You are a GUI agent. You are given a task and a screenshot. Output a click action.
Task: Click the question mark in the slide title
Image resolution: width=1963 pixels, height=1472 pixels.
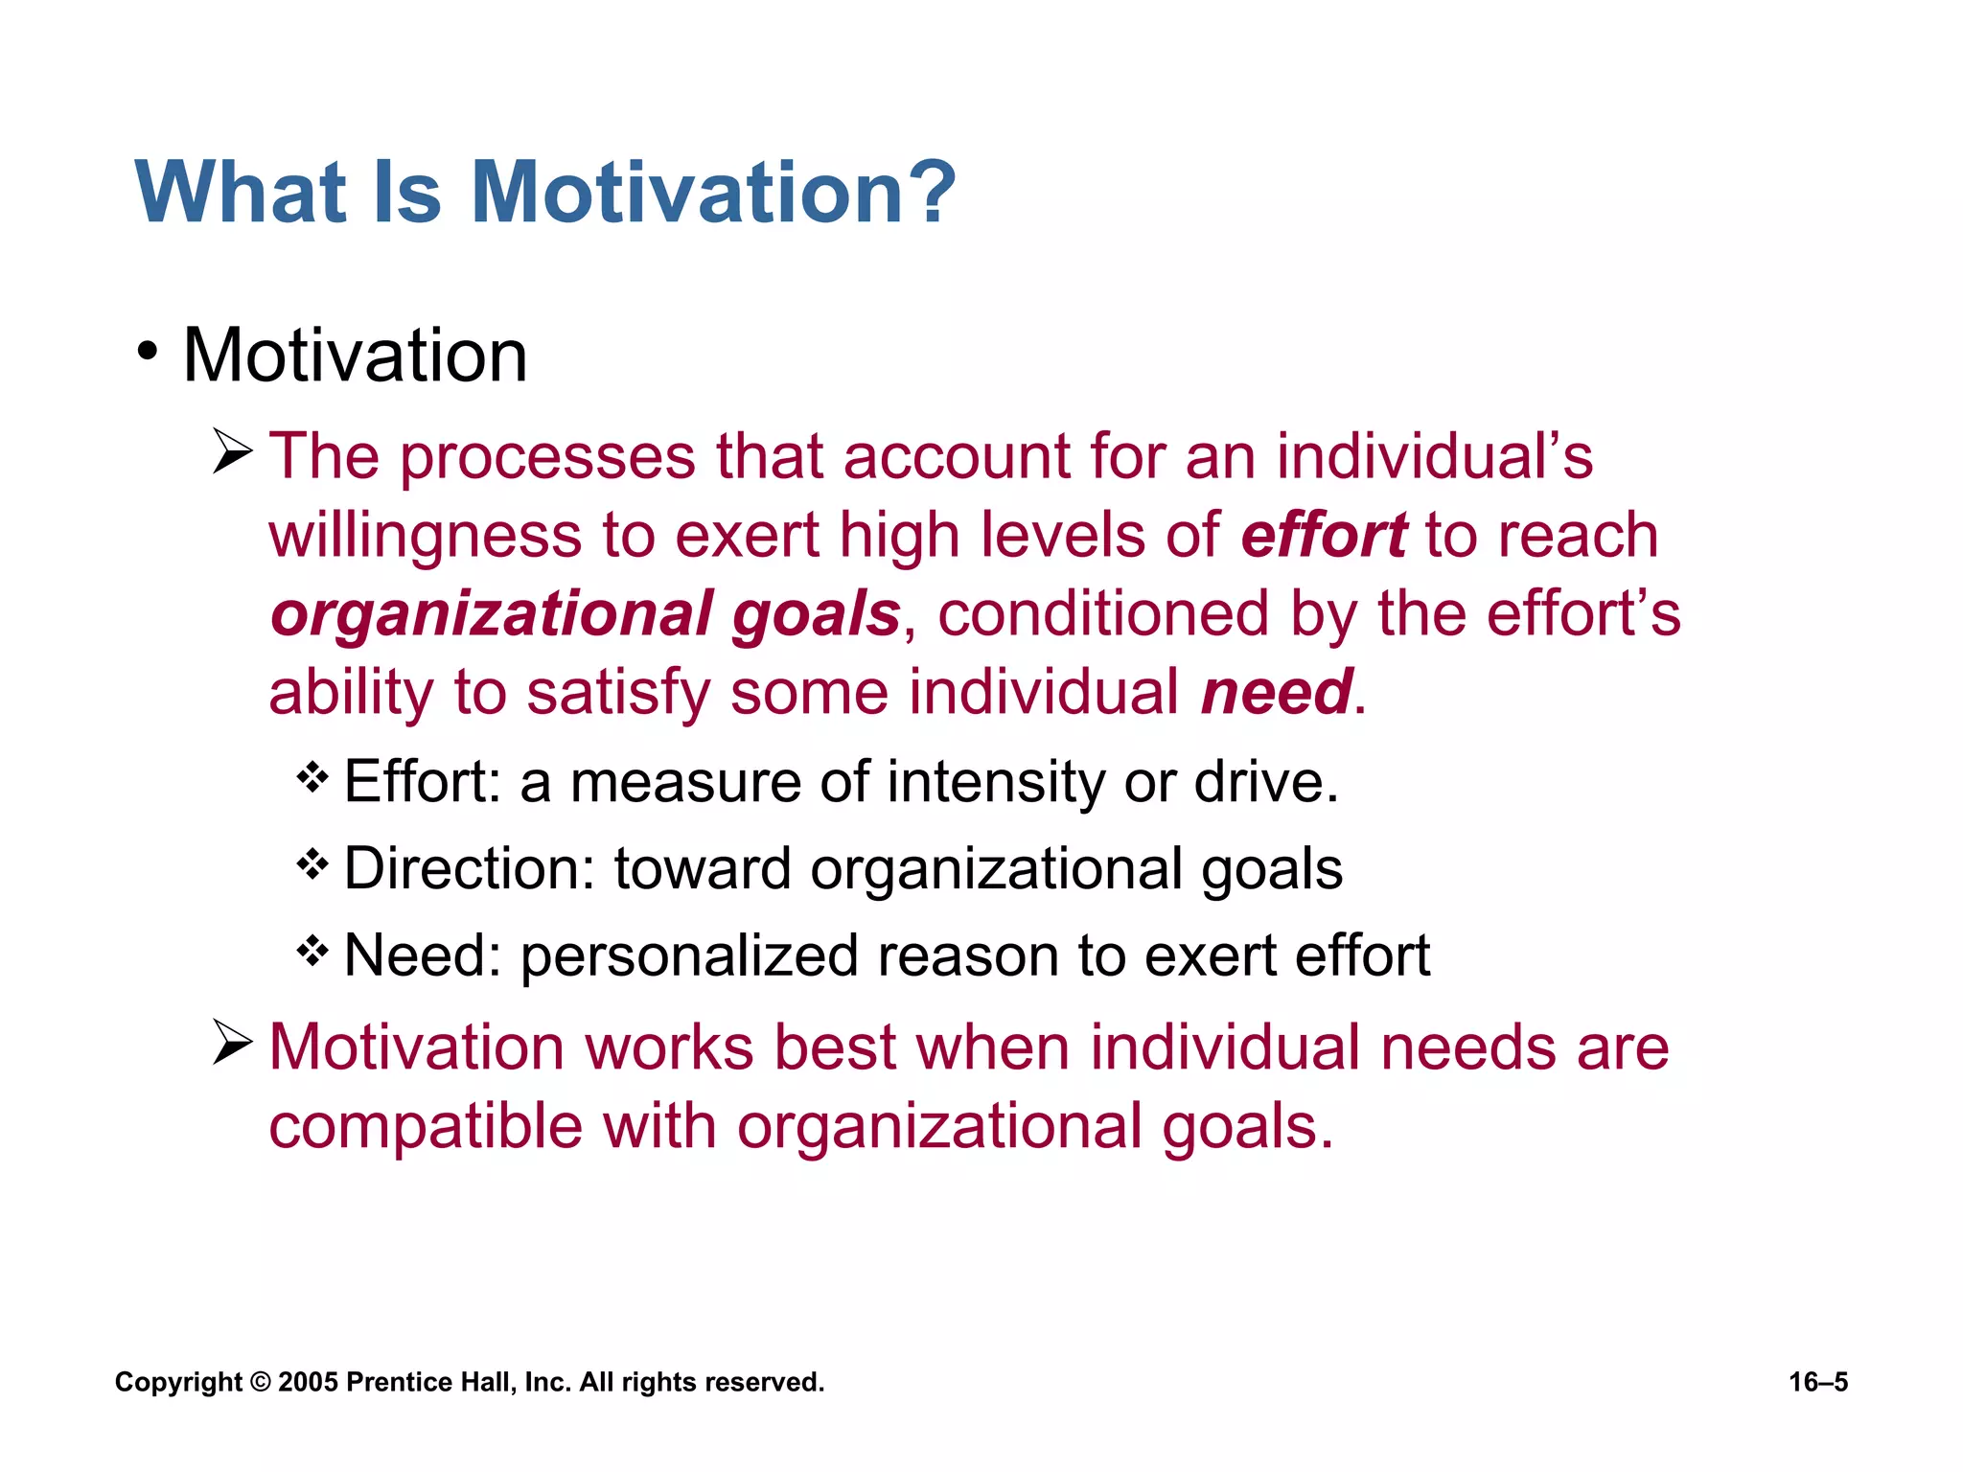click(927, 192)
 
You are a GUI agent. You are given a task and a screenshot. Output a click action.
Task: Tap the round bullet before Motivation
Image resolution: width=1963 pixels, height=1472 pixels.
click(147, 351)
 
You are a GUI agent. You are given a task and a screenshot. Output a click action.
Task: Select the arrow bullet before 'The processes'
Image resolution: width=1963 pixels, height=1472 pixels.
click(232, 451)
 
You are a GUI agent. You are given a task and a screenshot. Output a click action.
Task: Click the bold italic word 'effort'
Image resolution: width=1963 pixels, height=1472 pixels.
click(1323, 535)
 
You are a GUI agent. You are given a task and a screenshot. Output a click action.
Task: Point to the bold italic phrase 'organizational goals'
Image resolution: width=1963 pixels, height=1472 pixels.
click(585, 613)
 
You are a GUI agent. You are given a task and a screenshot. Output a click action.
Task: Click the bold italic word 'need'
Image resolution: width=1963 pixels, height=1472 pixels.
click(1277, 692)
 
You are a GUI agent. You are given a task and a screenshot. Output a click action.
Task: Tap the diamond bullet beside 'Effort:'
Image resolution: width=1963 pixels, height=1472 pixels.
click(312, 776)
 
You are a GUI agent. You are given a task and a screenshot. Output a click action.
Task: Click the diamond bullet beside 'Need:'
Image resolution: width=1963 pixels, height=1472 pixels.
click(312, 952)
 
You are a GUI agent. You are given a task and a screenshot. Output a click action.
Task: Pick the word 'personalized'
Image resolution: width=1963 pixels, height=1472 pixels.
click(688, 956)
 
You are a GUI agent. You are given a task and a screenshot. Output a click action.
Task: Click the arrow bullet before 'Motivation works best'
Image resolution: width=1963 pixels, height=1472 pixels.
click(232, 1043)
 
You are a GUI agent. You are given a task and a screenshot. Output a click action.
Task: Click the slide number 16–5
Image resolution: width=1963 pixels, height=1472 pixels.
click(1817, 1382)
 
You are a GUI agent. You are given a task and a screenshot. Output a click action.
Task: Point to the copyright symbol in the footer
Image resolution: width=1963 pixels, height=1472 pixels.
click(260, 1382)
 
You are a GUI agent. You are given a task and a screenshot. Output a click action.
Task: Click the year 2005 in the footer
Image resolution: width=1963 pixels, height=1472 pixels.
click(308, 1382)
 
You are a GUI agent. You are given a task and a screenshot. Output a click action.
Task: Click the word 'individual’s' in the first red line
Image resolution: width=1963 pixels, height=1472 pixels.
click(1434, 456)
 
